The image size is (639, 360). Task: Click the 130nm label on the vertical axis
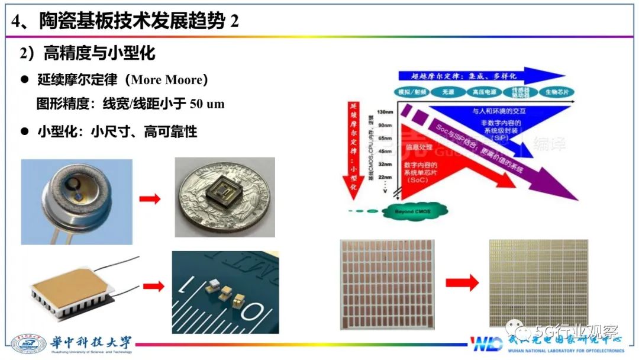click(384, 112)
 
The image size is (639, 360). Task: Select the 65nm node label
click(385, 136)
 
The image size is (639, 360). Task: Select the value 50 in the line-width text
click(196, 104)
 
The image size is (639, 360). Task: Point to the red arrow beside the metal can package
click(150, 199)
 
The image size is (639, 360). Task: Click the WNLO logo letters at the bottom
click(486, 344)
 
